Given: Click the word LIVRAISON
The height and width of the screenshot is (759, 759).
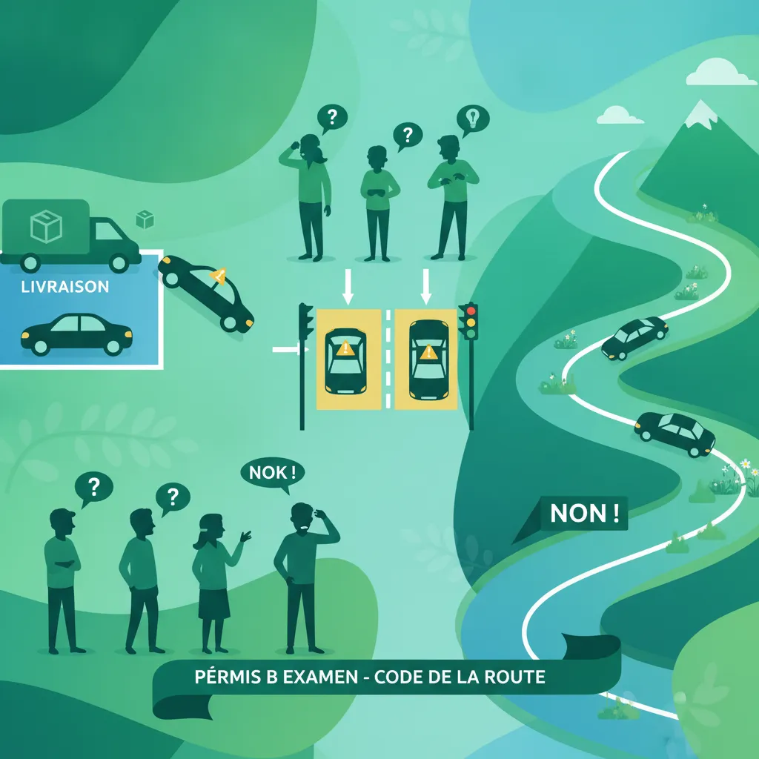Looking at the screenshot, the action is (65, 287).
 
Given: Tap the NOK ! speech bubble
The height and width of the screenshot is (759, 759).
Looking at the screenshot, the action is (273, 474).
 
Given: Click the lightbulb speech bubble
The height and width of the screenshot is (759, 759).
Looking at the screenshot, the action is (473, 120).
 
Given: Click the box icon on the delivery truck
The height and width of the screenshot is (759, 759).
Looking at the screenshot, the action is (46, 226).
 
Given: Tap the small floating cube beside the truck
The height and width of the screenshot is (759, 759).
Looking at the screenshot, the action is (145, 219).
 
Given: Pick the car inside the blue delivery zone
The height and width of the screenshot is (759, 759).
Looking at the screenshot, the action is (76, 334).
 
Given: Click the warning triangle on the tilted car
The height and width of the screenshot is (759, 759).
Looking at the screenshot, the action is (218, 276).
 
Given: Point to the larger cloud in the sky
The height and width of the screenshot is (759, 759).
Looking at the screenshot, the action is (715, 73).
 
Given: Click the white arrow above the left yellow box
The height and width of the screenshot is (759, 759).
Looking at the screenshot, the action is (348, 287).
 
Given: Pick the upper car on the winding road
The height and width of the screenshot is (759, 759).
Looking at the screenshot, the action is (634, 337).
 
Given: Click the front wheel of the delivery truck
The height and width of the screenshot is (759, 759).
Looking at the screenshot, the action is (119, 263).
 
